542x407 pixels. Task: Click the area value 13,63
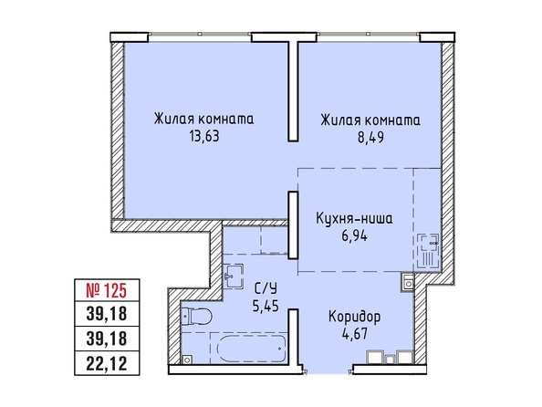tap(204, 137)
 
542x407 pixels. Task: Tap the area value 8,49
tap(370, 137)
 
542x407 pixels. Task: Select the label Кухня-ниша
tap(354, 219)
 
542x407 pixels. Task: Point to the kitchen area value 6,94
tap(354, 236)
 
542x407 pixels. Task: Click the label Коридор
tap(354, 317)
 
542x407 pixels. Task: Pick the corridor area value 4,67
tap(354, 334)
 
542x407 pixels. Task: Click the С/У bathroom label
tap(266, 288)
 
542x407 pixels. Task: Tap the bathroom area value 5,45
tap(266, 306)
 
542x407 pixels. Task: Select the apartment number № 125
tap(107, 290)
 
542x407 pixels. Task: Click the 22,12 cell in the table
tap(107, 363)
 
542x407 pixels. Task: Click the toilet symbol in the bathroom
tap(196, 316)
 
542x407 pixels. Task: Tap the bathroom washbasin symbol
tap(234, 276)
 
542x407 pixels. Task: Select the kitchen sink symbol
tap(428, 251)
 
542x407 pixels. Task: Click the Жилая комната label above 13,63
tap(204, 120)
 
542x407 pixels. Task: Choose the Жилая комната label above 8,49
tap(370, 120)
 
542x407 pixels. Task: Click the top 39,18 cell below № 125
tap(107, 314)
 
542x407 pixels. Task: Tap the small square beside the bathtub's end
tap(187, 360)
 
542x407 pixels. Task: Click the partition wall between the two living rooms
tap(293, 91)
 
